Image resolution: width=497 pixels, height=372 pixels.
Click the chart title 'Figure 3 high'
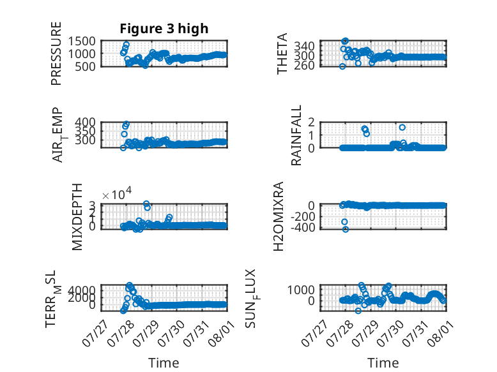click(x=164, y=29)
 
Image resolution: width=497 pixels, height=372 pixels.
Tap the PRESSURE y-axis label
click(x=56, y=54)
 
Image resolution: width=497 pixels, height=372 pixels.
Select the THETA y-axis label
click(x=282, y=54)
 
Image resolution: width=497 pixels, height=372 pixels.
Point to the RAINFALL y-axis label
click(x=296, y=135)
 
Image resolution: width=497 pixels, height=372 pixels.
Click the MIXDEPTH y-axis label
click(x=77, y=217)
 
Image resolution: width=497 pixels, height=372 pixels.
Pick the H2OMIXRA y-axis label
click(x=278, y=216)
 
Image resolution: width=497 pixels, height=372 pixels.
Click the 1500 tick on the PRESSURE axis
click(x=82, y=41)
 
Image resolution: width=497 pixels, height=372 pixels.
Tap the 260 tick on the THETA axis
click(x=304, y=65)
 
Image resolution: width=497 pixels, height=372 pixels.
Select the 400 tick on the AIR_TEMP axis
click(x=85, y=123)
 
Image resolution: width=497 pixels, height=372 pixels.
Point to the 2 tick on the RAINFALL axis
click(x=311, y=123)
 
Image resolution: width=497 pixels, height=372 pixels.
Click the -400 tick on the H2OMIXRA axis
click(x=302, y=227)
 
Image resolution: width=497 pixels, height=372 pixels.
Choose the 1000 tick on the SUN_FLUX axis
click(x=301, y=290)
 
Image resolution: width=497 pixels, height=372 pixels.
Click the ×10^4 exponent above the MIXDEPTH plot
click(x=117, y=194)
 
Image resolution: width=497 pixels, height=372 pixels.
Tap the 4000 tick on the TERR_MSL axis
click(x=82, y=290)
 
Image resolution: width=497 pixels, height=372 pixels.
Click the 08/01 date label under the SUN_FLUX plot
click(x=441, y=332)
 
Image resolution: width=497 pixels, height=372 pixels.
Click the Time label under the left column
click(x=164, y=362)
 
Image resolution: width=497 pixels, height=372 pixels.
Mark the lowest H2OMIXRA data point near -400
click(x=346, y=229)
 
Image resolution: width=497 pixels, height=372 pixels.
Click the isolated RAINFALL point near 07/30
click(x=402, y=127)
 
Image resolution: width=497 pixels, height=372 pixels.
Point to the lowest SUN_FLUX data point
click(x=358, y=311)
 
